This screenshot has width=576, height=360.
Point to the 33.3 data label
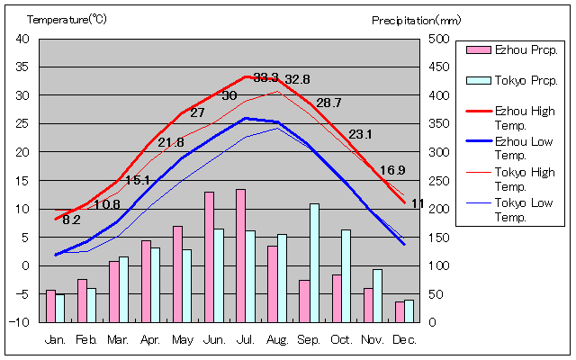(x=266, y=77)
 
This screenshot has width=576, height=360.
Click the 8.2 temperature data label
(x=72, y=220)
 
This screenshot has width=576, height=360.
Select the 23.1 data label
(x=360, y=134)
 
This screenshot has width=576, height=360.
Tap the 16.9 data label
(x=392, y=170)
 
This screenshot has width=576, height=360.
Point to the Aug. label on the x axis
(x=277, y=339)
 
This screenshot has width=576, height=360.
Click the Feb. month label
(x=86, y=339)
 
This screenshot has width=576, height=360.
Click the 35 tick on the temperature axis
(x=23, y=67)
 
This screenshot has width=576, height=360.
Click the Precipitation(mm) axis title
(x=416, y=19)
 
